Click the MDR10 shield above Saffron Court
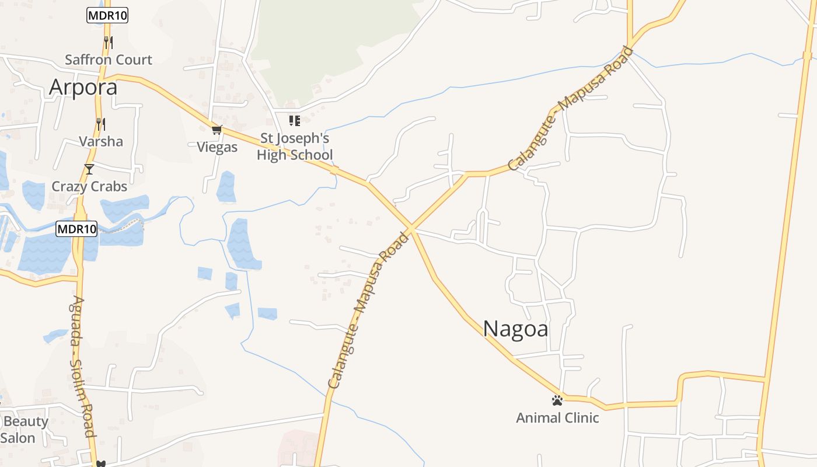point(107,15)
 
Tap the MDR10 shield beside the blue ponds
point(76,229)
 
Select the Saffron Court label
point(109,60)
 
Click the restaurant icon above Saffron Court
point(108,42)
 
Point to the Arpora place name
point(83,87)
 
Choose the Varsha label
point(101,141)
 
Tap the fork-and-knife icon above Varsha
point(101,124)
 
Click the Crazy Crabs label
point(89,186)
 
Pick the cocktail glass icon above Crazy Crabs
point(89,169)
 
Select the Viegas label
point(217,147)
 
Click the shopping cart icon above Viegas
point(217,130)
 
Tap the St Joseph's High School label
point(295,147)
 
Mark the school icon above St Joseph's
point(295,121)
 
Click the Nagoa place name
point(515,329)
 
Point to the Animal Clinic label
point(557,418)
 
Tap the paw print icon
point(557,400)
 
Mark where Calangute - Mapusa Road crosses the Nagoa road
point(411,229)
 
